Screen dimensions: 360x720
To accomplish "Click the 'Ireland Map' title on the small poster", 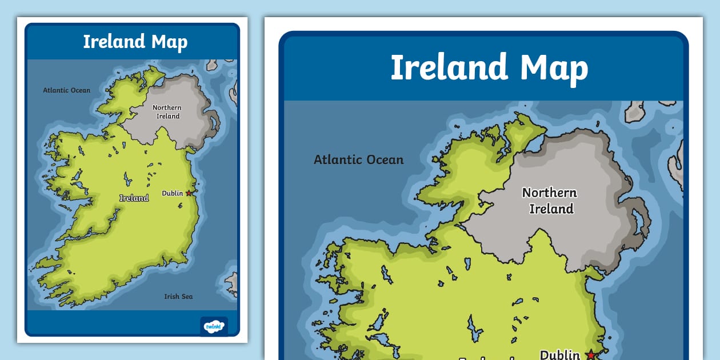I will [x=135, y=42].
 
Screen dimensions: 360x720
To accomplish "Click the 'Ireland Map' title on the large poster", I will [x=489, y=67].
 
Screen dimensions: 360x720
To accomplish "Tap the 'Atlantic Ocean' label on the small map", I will [x=67, y=90].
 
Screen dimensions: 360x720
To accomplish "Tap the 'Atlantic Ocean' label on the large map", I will [x=359, y=160].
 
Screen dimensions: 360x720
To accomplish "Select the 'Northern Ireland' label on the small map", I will [x=167, y=111].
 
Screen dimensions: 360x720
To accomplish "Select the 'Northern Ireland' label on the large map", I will [x=550, y=201].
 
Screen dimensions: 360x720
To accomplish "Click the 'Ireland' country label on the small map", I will [x=134, y=198].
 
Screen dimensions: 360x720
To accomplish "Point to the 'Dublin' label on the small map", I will [x=172, y=193].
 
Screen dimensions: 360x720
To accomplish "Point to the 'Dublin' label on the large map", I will [x=560, y=354].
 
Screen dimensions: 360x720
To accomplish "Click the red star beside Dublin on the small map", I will [x=189, y=193].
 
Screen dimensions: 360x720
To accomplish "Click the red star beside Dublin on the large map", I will [x=590, y=355].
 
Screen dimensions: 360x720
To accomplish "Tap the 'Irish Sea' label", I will [x=178, y=297].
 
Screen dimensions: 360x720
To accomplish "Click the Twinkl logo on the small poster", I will [x=214, y=326].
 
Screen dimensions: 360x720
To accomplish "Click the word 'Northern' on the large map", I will [x=550, y=193].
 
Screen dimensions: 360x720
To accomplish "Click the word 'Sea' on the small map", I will [x=187, y=297].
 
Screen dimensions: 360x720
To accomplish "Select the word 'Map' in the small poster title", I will [x=169, y=42].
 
